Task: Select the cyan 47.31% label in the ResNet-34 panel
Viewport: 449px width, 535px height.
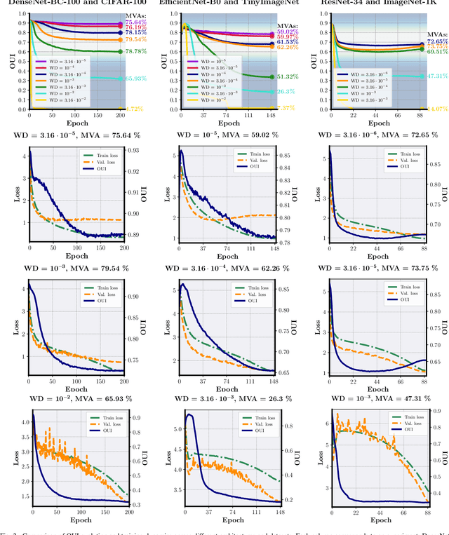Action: [438, 76]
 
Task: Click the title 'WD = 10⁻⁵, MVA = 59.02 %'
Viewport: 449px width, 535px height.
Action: [224, 135]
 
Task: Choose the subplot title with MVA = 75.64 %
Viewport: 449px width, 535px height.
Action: [75, 135]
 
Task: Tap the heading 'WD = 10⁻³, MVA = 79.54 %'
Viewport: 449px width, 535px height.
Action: [75, 267]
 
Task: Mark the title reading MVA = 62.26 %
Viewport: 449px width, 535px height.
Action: [224, 267]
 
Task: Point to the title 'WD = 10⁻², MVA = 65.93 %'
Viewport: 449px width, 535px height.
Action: [75, 400]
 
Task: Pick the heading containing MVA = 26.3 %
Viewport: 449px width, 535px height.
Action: [224, 400]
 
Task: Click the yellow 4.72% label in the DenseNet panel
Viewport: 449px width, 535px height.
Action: [135, 109]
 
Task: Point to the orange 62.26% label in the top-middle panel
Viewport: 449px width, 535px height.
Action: [288, 47]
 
